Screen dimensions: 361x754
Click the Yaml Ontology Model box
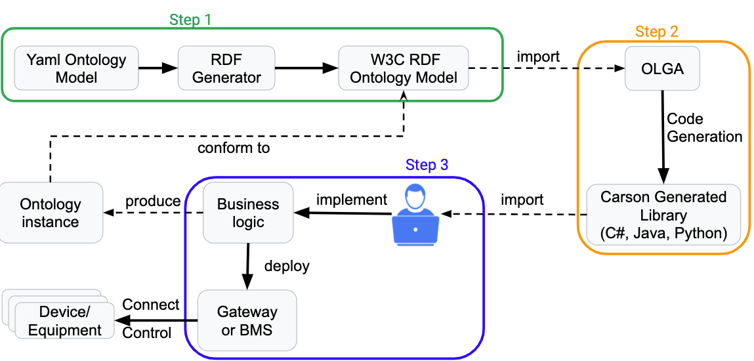(x=76, y=68)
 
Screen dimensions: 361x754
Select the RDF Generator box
(x=226, y=68)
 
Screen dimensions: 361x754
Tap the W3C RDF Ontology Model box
(x=403, y=68)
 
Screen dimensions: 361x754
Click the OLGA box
(x=662, y=68)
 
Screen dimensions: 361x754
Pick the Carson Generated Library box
(x=663, y=215)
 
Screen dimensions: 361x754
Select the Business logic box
(x=248, y=213)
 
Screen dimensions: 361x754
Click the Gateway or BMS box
(x=247, y=320)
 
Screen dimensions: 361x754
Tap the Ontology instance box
(x=51, y=213)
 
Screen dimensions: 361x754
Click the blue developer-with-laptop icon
(x=415, y=215)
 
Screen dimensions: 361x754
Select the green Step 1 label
(x=190, y=20)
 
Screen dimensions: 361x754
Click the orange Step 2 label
(x=656, y=32)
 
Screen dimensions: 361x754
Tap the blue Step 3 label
(x=427, y=165)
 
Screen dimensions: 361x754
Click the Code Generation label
(x=703, y=128)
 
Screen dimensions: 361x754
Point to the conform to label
(x=234, y=148)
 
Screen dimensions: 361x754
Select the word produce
(x=153, y=200)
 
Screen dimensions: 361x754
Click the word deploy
(x=287, y=266)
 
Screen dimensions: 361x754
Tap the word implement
(x=352, y=199)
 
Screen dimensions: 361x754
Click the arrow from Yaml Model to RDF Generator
(x=158, y=68)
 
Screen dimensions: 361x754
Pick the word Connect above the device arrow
(x=151, y=305)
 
